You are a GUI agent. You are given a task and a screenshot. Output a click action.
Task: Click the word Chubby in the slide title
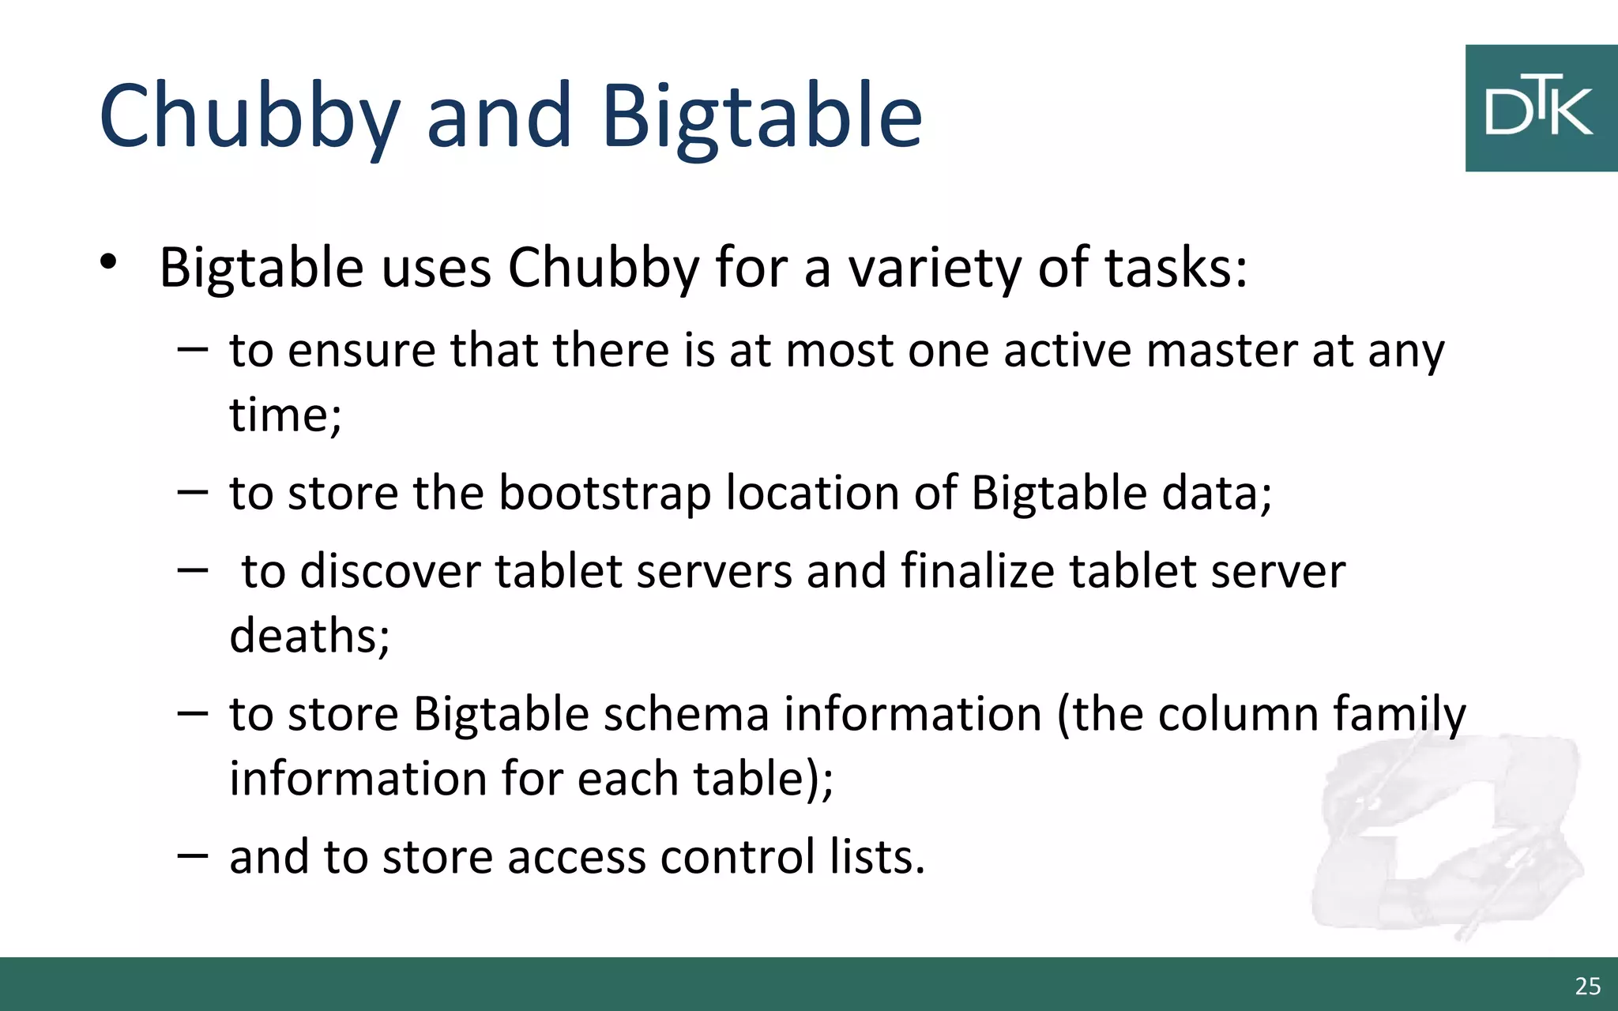pos(249,117)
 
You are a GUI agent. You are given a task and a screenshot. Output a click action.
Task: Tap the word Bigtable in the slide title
pos(762,117)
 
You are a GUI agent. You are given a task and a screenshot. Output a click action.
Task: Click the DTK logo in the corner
pos(1540,108)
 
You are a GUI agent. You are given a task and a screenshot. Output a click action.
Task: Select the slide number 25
pos(1587,986)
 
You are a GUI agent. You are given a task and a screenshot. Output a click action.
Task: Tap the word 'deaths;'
pos(310,635)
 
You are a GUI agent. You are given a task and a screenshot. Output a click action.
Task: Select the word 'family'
pos(1399,716)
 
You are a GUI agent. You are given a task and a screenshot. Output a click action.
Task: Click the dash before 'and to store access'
pos(193,855)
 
